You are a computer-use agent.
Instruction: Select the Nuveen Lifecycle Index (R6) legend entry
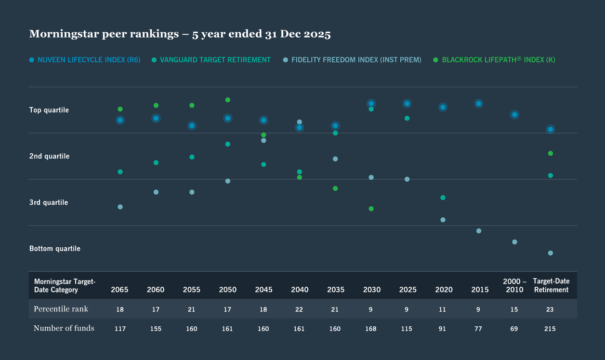[x=85, y=60]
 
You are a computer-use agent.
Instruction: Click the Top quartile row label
[x=49, y=110]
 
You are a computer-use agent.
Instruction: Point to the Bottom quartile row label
[x=55, y=249]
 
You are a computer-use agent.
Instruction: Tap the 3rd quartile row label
[x=49, y=202]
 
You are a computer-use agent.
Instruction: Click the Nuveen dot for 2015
[x=479, y=104]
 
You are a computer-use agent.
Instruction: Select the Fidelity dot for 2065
[x=120, y=207]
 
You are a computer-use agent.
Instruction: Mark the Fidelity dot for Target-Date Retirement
[x=550, y=253]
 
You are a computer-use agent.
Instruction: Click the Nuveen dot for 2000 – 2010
[x=514, y=115]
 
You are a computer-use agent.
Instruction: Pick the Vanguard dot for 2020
[x=443, y=198]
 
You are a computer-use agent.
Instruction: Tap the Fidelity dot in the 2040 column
[x=300, y=122]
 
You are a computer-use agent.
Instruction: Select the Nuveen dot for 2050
[x=228, y=119]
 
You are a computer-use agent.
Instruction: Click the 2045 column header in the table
[x=263, y=290]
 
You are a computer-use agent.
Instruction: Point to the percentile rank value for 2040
[x=300, y=309]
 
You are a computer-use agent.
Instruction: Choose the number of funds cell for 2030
[x=371, y=329]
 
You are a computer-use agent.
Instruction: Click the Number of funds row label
[x=64, y=328]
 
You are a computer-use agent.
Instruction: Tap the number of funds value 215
[x=550, y=329]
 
